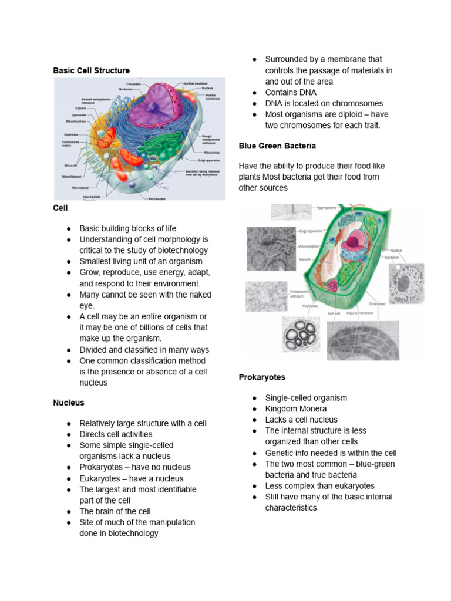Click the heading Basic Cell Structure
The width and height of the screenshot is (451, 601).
pyautogui.click(x=91, y=70)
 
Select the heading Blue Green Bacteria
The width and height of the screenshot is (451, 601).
pyautogui.click(x=277, y=145)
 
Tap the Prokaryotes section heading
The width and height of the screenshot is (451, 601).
pyautogui.click(x=262, y=377)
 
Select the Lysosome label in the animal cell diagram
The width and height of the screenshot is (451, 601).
pyautogui.click(x=79, y=115)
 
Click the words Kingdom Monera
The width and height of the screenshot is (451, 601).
pyautogui.click(x=295, y=408)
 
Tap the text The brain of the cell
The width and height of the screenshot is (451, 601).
pyautogui.click(x=115, y=511)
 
